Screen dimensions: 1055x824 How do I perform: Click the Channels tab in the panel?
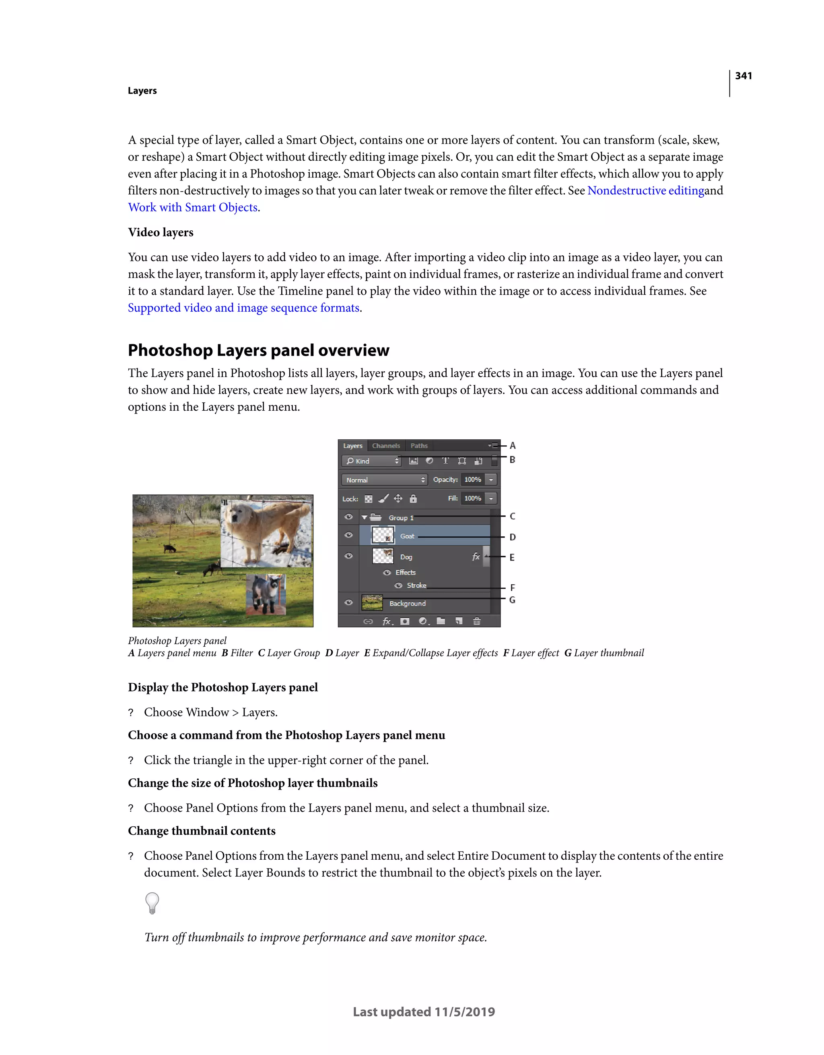tap(386, 445)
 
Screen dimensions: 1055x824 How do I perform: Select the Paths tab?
tap(419, 445)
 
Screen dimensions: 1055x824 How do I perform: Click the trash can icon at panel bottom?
tap(476, 621)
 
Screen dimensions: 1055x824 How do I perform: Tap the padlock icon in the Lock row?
tap(413, 499)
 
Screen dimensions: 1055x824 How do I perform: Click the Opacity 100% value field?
tap(473, 479)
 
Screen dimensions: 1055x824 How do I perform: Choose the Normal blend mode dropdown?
tap(384, 480)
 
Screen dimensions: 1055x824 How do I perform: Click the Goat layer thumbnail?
tap(383, 536)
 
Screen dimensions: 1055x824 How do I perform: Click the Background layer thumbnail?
tap(372, 603)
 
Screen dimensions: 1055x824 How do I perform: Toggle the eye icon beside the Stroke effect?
tap(398, 585)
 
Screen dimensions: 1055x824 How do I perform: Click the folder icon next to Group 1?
tap(376, 517)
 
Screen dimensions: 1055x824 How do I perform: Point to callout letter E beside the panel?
tap(512, 557)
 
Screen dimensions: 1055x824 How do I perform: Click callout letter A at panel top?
tap(513, 445)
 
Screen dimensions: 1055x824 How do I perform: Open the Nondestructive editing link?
tap(645, 191)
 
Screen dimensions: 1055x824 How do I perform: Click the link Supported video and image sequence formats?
tap(244, 308)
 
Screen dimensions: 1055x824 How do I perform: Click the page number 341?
tap(744, 76)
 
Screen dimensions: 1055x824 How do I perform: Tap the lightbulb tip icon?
tap(152, 903)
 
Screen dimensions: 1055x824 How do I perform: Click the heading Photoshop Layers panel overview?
tap(258, 350)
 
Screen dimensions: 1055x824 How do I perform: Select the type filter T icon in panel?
tap(445, 461)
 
